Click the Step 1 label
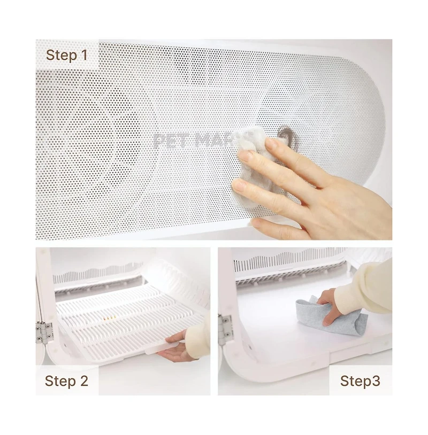(x=66, y=55)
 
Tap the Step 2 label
(x=66, y=381)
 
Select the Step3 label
(x=360, y=381)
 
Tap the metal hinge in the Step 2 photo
(x=44, y=332)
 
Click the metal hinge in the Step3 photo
(x=225, y=329)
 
